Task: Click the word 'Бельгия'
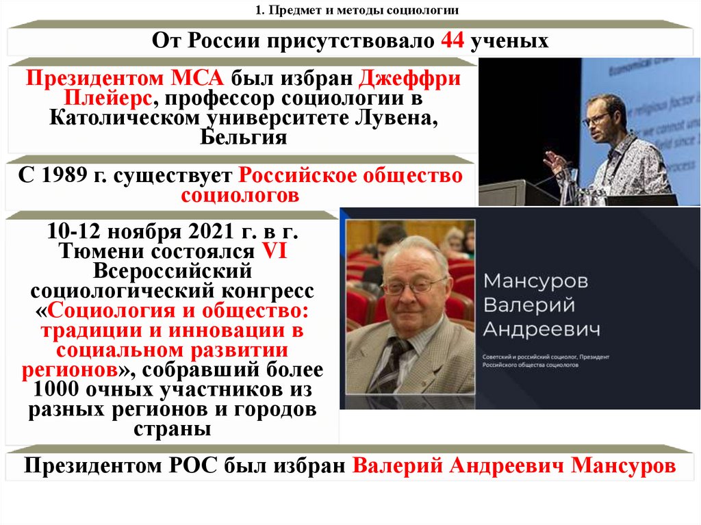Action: tap(243, 137)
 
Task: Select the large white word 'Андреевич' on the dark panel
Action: tap(541, 329)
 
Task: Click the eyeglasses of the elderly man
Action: tap(414, 285)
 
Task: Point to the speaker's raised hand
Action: tap(554, 162)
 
